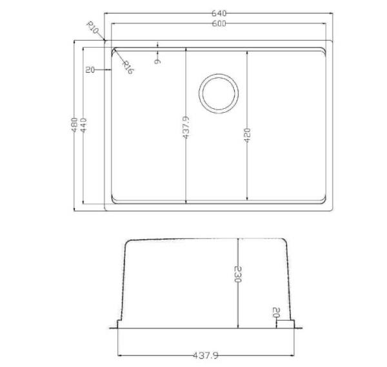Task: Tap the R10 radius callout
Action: tap(92, 28)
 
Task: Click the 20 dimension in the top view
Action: tap(90, 70)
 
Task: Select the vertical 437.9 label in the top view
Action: tap(185, 127)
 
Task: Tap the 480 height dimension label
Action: tap(75, 124)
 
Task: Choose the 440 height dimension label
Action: tap(83, 124)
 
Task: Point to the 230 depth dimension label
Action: tap(238, 276)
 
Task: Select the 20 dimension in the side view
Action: tap(275, 314)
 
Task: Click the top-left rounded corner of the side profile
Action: tap(127, 244)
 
